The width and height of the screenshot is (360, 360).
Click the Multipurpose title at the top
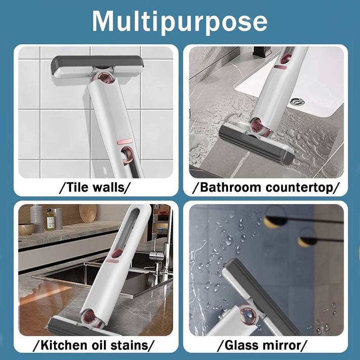pos(180,21)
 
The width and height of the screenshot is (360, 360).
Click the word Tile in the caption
pos(79,187)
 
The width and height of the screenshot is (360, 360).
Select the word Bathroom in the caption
pos(228,187)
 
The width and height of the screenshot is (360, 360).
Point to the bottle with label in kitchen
pos(50,220)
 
